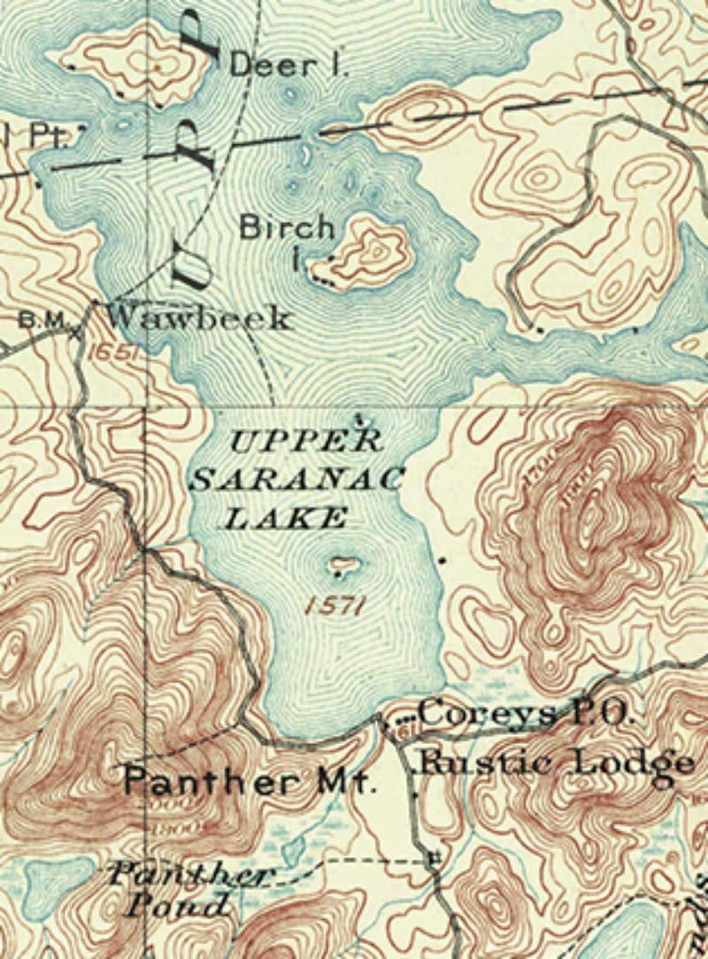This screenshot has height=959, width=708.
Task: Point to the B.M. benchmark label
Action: (x=45, y=322)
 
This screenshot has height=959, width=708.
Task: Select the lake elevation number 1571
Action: (x=334, y=605)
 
